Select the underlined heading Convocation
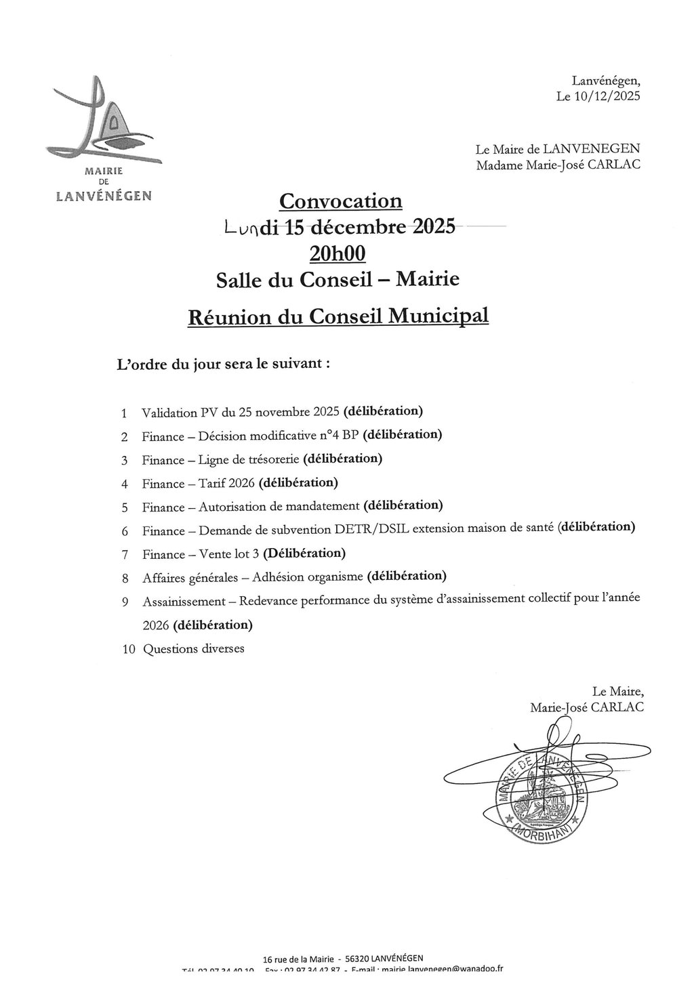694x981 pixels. (341, 201)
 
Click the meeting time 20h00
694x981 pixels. (337, 253)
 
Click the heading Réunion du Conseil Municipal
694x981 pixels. (338, 316)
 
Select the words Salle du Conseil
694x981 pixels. (293, 279)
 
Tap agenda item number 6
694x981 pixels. (125, 532)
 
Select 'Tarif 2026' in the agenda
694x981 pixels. (226, 484)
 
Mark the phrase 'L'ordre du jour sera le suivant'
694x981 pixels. (224, 364)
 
